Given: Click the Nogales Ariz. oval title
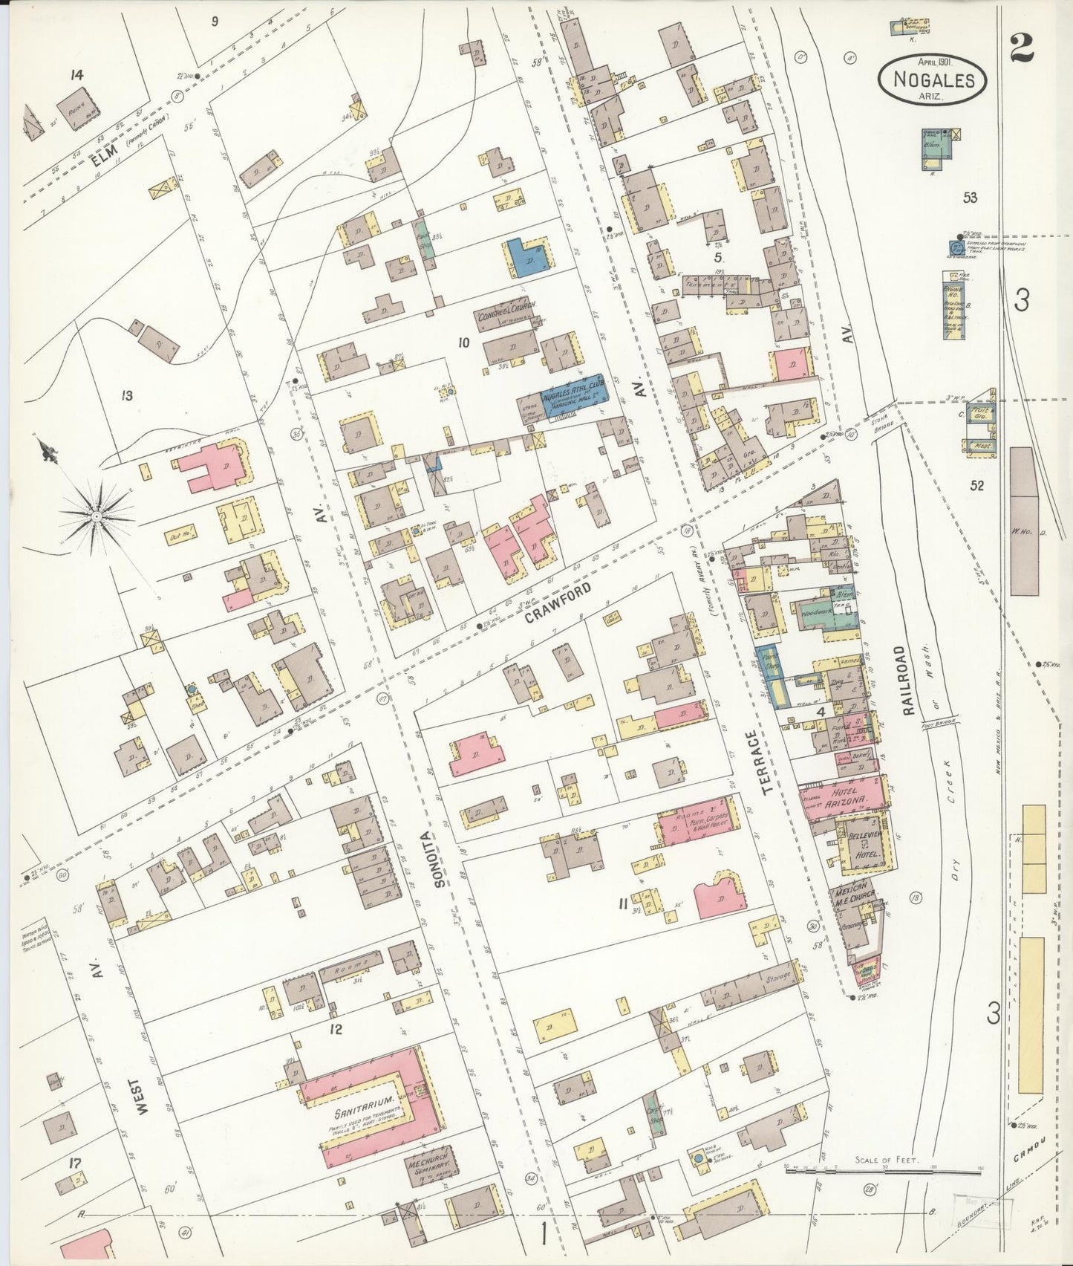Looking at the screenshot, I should pyautogui.click(x=933, y=79).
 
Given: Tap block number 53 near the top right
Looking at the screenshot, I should pyautogui.click(x=969, y=197).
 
